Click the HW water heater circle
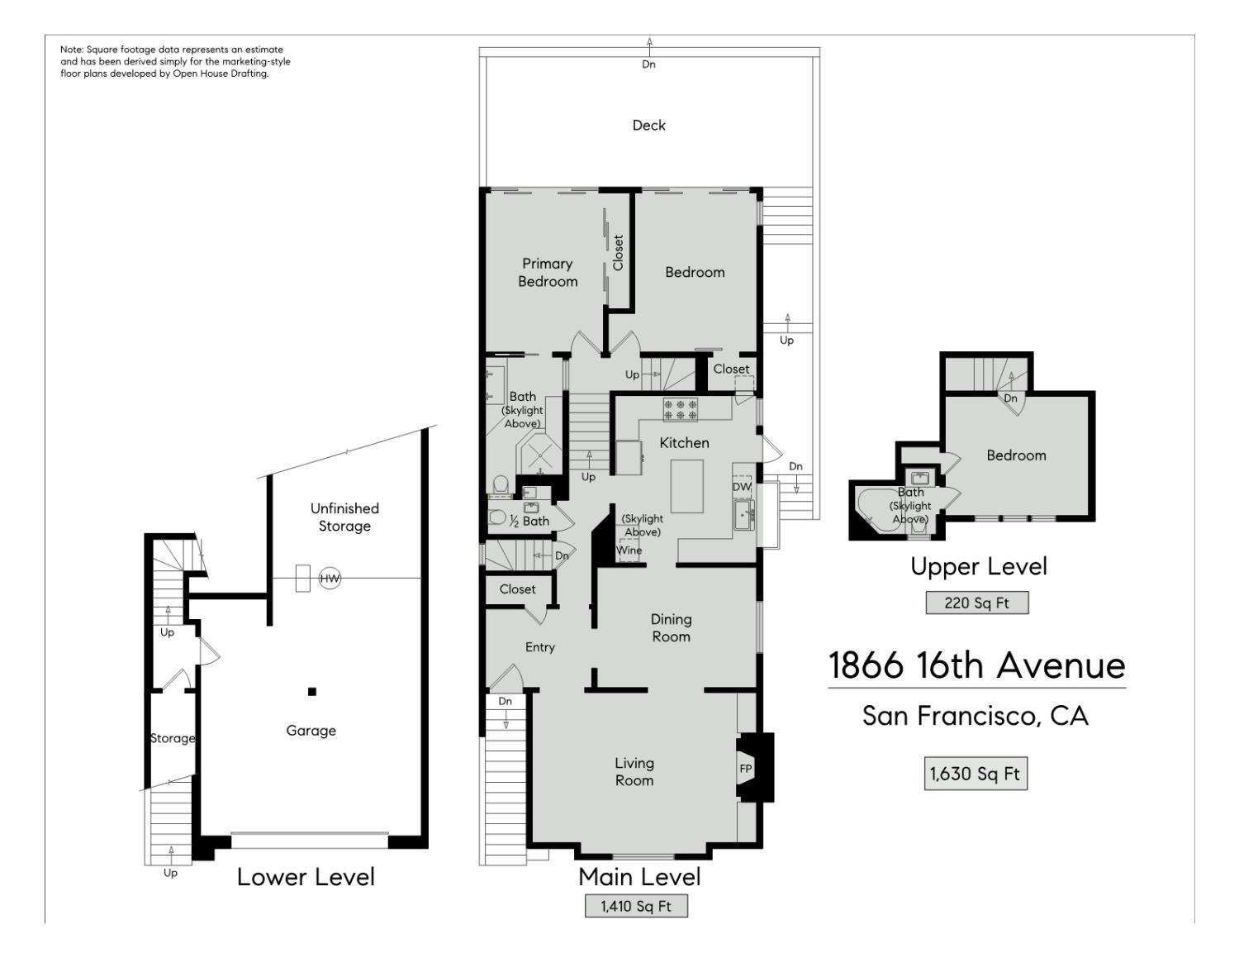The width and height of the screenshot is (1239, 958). click(x=330, y=578)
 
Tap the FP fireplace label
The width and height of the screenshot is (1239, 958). click(x=745, y=769)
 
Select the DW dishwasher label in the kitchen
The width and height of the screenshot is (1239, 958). click(x=741, y=487)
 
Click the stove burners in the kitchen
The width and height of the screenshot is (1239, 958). click(x=681, y=410)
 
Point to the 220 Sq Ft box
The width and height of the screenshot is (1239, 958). click(x=976, y=603)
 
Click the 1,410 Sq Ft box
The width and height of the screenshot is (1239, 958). click(x=636, y=905)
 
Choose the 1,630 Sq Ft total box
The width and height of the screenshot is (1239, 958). click(x=976, y=774)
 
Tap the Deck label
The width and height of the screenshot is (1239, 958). click(x=649, y=125)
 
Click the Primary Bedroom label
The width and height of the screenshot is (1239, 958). click(x=548, y=272)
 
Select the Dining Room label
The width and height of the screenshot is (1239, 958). click(x=671, y=627)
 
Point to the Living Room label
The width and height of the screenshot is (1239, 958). click(x=634, y=771)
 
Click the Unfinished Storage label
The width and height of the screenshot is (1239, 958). click(x=344, y=517)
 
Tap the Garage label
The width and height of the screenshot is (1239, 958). click(x=311, y=731)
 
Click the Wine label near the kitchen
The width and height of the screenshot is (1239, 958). click(x=629, y=550)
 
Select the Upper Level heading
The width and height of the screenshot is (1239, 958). click(x=979, y=566)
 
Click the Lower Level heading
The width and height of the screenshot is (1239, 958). click(x=306, y=877)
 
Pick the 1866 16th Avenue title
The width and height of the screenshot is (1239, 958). click(x=976, y=665)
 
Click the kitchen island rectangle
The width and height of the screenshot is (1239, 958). click(x=686, y=487)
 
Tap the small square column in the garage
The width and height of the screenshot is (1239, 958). click(x=312, y=692)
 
